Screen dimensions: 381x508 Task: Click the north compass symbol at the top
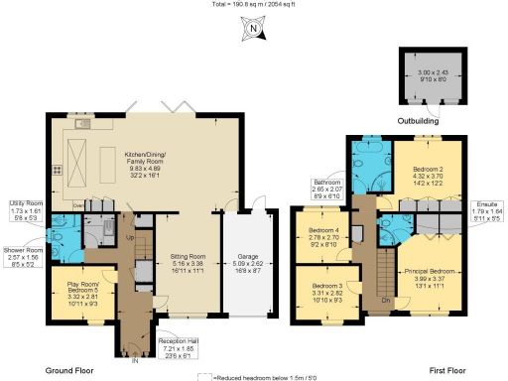254,31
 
